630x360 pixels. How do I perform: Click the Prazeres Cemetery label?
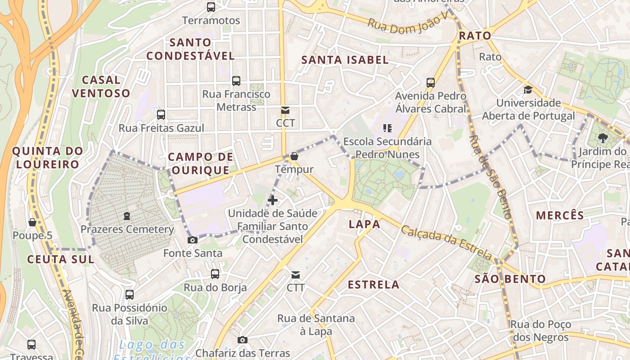pos(127,229)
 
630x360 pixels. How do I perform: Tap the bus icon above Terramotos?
pos(211,7)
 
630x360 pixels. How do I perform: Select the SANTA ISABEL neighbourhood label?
pos(345,60)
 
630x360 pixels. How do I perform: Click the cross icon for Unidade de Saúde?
pos(273,200)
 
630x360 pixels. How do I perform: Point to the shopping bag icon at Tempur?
pos(294,156)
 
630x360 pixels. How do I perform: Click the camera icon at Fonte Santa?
pos(193,240)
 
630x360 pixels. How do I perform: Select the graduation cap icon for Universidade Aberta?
pos(528,90)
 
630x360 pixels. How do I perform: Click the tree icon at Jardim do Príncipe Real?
pos(603,138)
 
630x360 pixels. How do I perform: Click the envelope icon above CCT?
pos(285,110)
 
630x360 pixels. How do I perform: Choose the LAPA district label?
pos(364,224)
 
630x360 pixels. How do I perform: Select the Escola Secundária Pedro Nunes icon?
pos(387,129)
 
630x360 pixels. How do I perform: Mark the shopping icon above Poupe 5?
pos(32,222)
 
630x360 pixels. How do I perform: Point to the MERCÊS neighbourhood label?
pos(560,216)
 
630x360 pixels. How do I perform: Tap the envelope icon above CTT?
pos(296,275)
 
